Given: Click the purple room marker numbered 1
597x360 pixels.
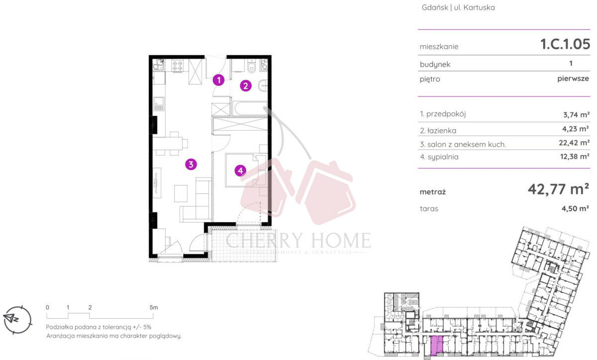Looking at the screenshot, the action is click(218, 80).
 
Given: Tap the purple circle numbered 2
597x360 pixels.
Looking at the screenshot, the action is click(245, 86).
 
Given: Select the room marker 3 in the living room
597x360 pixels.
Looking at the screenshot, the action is click(191, 164).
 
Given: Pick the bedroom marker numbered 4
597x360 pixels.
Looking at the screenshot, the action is click(240, 170).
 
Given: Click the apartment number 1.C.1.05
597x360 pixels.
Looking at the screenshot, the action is click(565, 44).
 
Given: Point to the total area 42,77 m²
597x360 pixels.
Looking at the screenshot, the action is click(558, 189).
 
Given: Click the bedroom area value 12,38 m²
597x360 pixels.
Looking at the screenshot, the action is click(575, 157).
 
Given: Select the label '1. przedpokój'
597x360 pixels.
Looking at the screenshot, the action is click(443, 114).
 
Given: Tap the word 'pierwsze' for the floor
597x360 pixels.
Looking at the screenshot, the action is click(573, 79).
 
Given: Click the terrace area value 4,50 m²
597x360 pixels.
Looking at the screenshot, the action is click(575, 208).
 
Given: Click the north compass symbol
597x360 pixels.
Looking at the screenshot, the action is click(18, 320).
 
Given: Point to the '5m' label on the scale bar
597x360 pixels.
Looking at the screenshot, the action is click(154, 307).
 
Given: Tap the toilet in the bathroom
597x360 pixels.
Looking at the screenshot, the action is click(251, 66).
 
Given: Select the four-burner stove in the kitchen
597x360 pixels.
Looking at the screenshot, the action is click(177, 65).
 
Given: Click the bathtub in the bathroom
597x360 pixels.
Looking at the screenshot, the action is click(250, 108).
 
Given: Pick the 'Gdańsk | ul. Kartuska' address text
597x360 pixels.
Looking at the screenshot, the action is click(458, 7).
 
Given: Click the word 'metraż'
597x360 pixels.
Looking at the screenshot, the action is click(432, 192).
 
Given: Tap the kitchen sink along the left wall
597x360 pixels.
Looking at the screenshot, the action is click(159, 104).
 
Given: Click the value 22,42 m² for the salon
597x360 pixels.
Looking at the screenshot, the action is click(574, 143).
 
